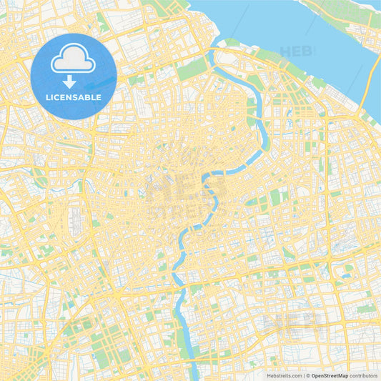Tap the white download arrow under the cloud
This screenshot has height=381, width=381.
tap(74, 81)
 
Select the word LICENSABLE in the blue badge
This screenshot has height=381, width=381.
tap(74, 97)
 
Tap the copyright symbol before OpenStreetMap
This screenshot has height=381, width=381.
tap(307, 375)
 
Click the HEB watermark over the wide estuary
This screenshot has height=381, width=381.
tap(297, 51)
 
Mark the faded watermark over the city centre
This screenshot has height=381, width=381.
tap(187, 193)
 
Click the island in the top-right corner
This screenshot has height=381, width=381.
tap(350, 18)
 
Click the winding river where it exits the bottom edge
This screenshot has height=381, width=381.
tap(194, 375)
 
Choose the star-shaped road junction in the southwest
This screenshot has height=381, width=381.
tap(115, 293)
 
